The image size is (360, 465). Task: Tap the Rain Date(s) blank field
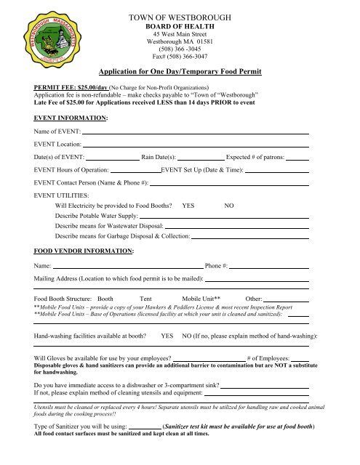click(x=201, y=157)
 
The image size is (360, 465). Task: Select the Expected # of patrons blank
click(x=297, y=157)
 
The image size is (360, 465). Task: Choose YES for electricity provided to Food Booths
click(x=188, y=206)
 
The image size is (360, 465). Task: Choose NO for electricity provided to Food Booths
click(x=228, y=206)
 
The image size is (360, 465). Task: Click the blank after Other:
click(x=265, y=299)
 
